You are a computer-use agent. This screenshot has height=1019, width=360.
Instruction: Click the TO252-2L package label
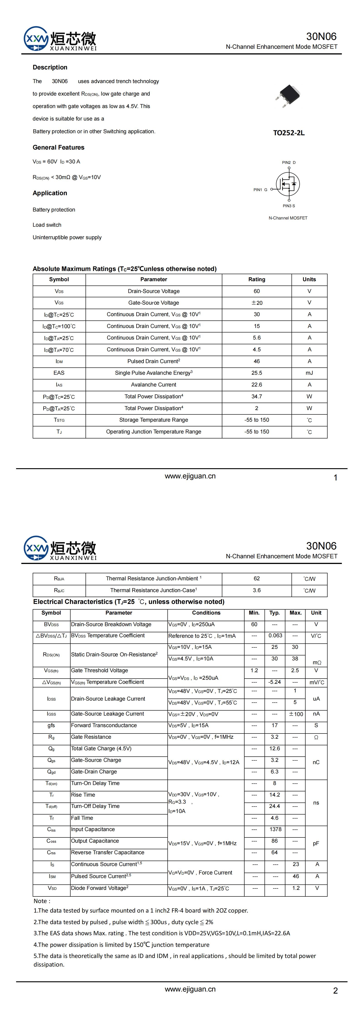[289, 133]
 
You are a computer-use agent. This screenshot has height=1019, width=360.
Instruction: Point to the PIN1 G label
[260, 190]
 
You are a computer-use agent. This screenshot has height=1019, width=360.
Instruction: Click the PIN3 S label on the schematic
[289, 206]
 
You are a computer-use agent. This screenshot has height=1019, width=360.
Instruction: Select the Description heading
[50, 67]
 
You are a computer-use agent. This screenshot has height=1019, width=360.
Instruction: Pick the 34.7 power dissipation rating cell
[257, 396]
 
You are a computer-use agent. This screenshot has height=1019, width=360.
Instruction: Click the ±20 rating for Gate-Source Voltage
[257, 303]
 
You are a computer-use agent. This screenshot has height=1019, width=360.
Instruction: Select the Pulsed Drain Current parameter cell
[154, 361]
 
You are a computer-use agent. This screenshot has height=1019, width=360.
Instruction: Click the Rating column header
[257, 279]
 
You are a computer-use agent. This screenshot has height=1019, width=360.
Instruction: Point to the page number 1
[336, 478]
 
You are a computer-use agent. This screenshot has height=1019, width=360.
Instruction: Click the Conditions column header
[206, 613]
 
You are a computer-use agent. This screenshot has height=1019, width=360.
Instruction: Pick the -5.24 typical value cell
[274, 682]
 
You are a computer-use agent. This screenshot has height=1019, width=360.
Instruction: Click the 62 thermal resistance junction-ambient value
[257, 578]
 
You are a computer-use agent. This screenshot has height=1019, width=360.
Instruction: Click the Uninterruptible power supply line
[67, 237]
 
